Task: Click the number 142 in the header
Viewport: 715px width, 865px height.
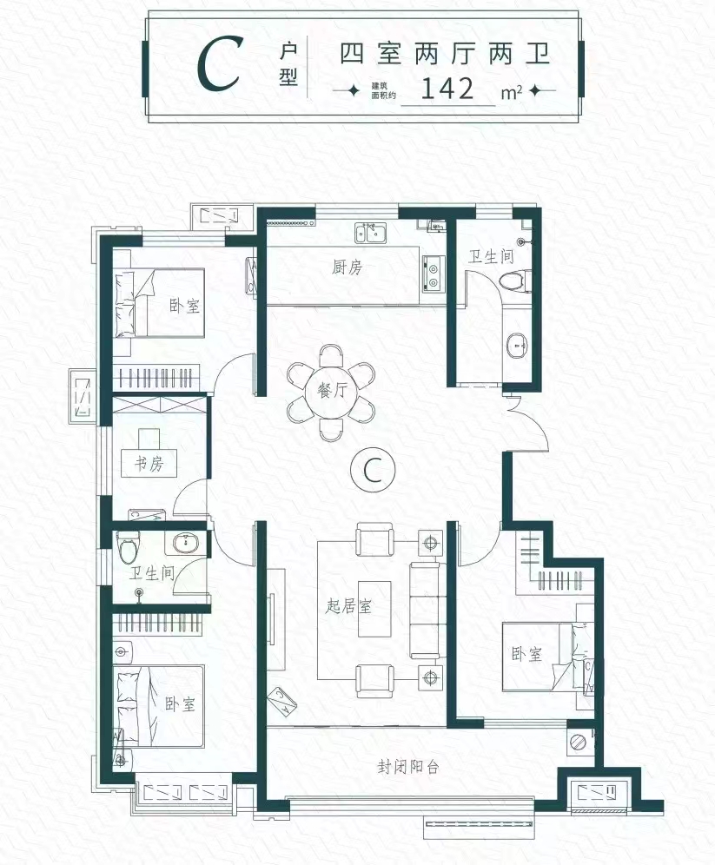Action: [x=447, y=89]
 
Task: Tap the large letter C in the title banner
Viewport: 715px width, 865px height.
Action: [x=219, y=64]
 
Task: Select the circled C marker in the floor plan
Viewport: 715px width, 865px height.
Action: [x=373, y=469]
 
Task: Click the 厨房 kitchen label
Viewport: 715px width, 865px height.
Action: [x=347, y=267]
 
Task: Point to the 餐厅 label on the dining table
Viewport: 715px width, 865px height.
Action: [x=333, y=391]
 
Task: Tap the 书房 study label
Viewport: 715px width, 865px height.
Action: [x=149, y=464]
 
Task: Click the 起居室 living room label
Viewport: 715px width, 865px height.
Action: [x=348, y=606]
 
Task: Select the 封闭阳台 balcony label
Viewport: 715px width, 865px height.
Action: [x=408, y=767]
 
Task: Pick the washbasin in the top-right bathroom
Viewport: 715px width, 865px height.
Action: [x=517, y=347]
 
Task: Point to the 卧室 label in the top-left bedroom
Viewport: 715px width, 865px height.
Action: [x=184, y=306]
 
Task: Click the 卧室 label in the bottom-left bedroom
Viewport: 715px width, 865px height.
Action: [x=180, y=704]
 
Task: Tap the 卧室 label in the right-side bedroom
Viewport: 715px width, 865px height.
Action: [x=526, y=654]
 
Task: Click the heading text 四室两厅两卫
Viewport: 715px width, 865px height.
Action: [x=445, y=54]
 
